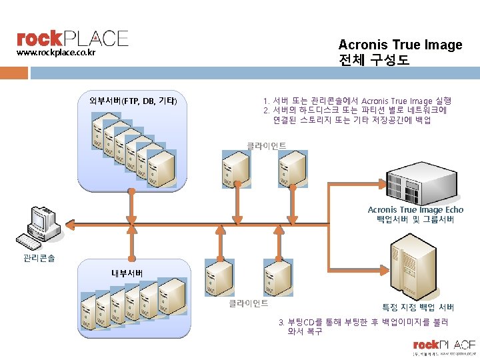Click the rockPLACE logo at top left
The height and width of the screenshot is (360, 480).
72,38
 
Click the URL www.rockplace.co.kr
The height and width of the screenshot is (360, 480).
56,52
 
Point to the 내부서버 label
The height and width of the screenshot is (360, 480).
127,273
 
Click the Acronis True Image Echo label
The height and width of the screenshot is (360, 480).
415,209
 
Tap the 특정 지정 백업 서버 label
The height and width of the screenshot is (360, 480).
418,307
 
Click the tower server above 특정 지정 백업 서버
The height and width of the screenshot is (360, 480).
412,269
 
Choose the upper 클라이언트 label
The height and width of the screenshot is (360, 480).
267,145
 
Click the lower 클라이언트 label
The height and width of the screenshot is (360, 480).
248,303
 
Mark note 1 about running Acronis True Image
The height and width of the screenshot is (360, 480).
357,101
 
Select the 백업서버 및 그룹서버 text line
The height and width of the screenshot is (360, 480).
415,219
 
